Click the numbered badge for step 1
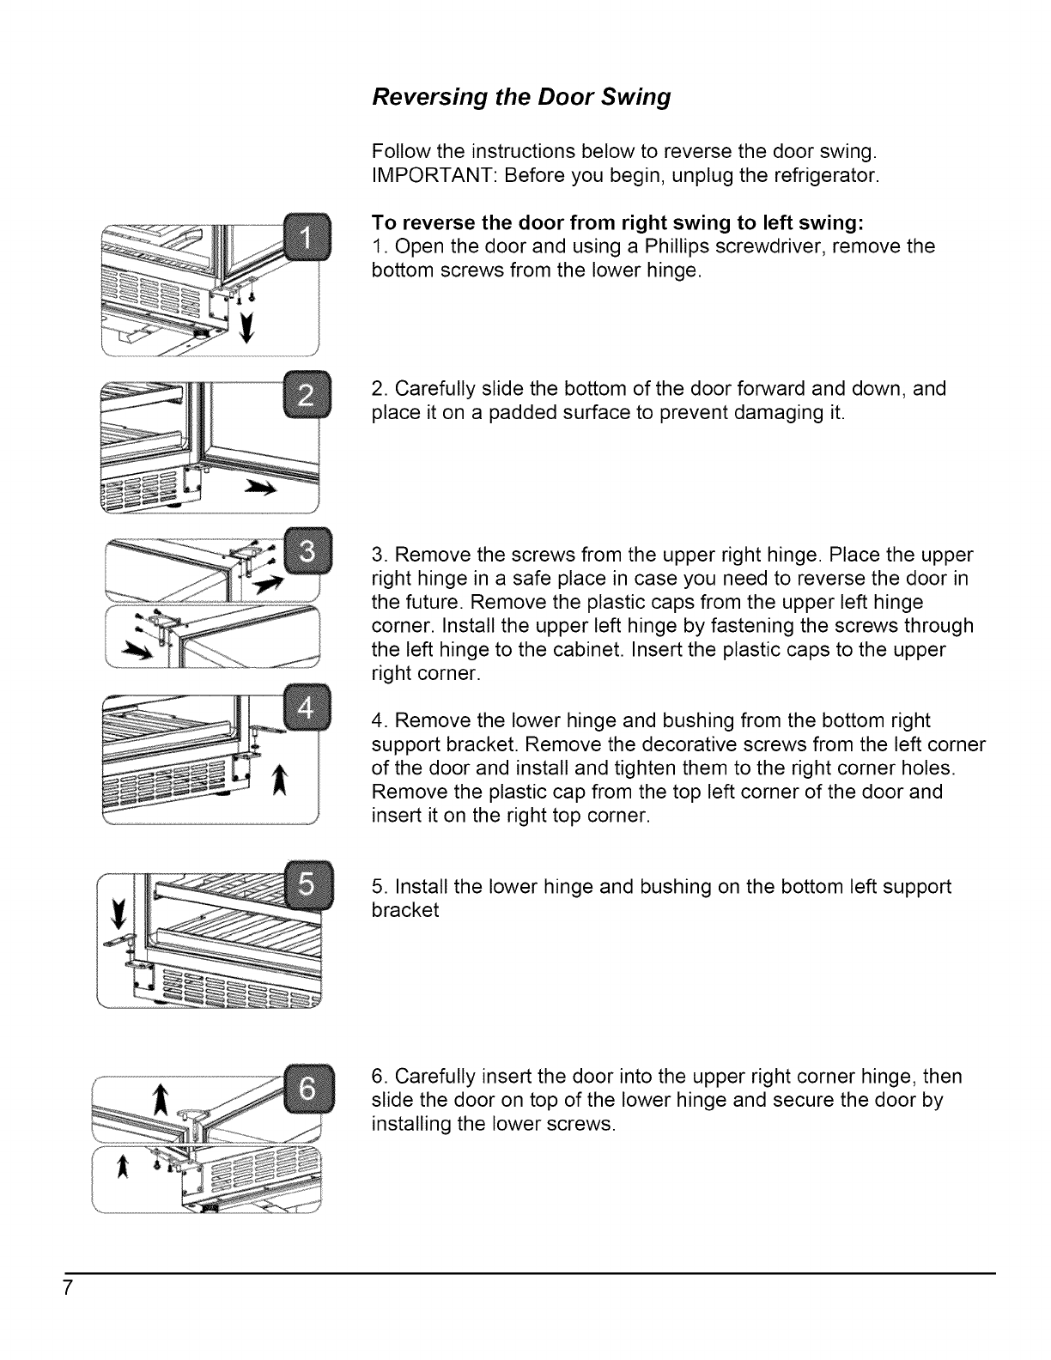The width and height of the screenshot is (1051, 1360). (306, 233)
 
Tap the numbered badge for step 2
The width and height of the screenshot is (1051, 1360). (306, 396)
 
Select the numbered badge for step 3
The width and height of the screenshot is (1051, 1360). (306, 547)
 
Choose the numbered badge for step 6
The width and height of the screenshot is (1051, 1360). (307, 1085)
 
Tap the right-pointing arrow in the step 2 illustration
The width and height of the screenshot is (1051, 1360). (260, 489)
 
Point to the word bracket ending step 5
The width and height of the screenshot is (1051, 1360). (404, 910)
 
